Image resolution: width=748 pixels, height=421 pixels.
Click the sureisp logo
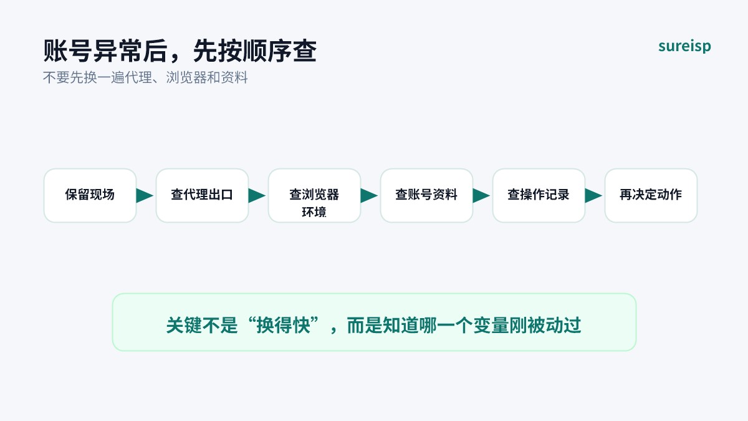(x=684, y=46)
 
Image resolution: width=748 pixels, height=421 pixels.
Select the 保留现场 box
(x=90, y=195)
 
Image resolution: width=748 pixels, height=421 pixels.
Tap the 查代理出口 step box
(x=203, y=195)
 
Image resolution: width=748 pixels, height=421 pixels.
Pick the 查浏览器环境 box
(x=315, y=195)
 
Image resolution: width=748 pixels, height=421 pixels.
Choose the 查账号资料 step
(x=427, y=195)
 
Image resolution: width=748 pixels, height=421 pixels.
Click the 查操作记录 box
(x=539, y=195)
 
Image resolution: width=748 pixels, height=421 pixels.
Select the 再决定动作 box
(x=651, y=195)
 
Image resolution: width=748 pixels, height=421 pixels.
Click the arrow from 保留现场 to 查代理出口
(x=145, y=196)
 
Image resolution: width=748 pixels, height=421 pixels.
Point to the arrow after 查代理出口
(x=257, y=196)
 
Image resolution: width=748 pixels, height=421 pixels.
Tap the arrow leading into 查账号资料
(x=369, y=196)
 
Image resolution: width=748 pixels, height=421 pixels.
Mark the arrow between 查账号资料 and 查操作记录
(x=481, y=196)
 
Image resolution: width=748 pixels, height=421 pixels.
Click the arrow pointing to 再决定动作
(x=593, y=196)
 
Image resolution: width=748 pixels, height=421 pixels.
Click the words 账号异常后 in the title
(x=105, y=51)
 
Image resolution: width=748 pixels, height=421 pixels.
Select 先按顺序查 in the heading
(x=255, y=51)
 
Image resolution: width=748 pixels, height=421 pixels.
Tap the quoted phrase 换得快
(x=283, y=325)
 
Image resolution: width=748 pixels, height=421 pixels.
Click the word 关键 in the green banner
(x=184, y=325)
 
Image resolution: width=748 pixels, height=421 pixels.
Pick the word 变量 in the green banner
(x=491, y=325)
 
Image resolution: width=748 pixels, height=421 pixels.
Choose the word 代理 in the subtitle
(x=138, y=77)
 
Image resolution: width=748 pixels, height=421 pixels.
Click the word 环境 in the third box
(x=314, y=212)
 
